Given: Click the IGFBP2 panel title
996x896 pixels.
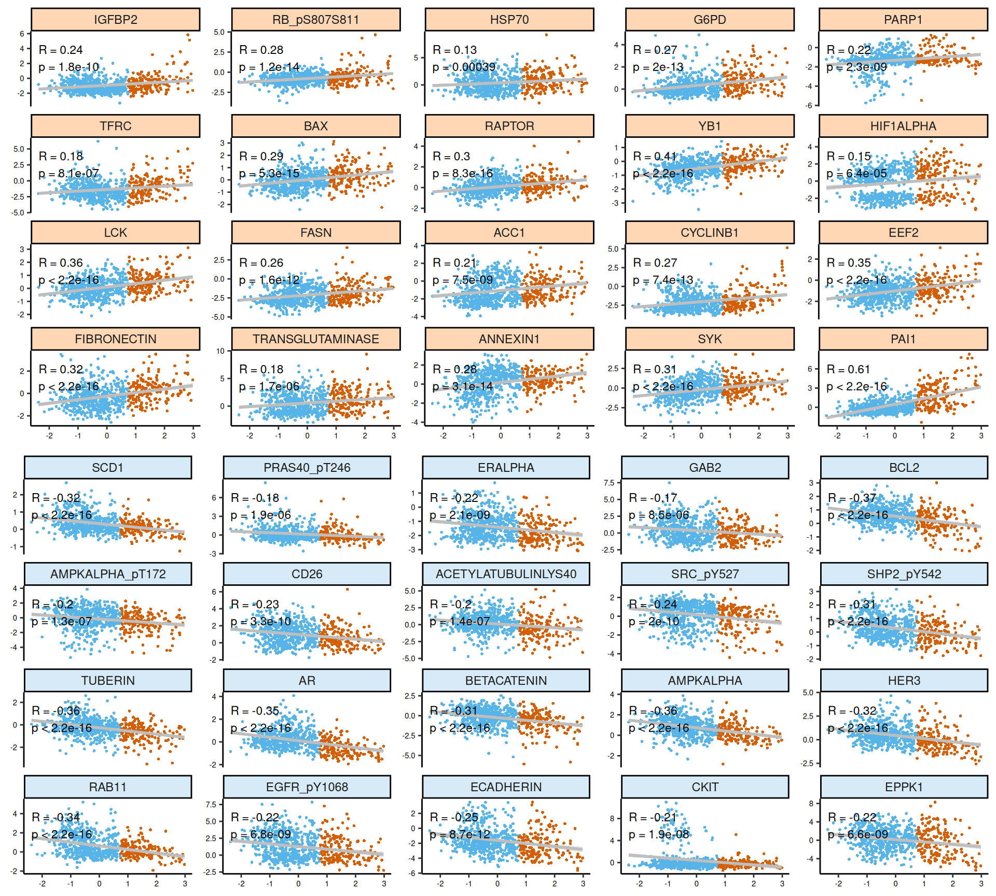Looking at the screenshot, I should (x=115, y=20).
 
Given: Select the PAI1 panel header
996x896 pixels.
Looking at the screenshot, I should (x=903, y=339).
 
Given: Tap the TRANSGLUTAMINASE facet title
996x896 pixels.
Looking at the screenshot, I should (x=315, y=339).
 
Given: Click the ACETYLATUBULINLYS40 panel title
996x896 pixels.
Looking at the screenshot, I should (x=506, y=574).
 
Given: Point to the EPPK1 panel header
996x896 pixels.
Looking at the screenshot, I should (x=904, y=787).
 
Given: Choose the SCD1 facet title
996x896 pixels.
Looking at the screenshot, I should (x=107, y=468).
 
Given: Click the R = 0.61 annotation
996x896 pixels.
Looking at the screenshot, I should (x=848, y=369).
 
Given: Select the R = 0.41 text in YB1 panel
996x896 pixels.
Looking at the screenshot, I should (x=655, y=156).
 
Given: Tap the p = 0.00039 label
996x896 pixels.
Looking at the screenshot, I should (x=464, y=67).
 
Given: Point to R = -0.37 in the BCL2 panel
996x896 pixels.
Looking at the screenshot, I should (x=852, y=498).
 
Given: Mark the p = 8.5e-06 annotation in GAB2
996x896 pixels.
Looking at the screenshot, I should (x=659, y=515).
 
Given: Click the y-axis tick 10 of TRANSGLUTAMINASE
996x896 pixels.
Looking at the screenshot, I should (x=220, y=351).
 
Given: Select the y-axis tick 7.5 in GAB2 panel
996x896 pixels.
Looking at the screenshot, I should (x=609, y=483).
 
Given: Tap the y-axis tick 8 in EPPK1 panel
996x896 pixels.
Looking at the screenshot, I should (x=811, y=803).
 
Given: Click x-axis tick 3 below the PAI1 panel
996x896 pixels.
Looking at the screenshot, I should (x=981, y=436).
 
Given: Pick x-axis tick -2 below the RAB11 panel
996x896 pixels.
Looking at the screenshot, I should (x=42, y=884).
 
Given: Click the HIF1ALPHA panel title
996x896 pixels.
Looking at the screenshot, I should (x=903, y=126).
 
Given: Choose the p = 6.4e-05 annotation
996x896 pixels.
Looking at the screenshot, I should (x=856, y=173).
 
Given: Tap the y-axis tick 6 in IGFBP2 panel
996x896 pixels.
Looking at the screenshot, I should (x=22, y=34).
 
